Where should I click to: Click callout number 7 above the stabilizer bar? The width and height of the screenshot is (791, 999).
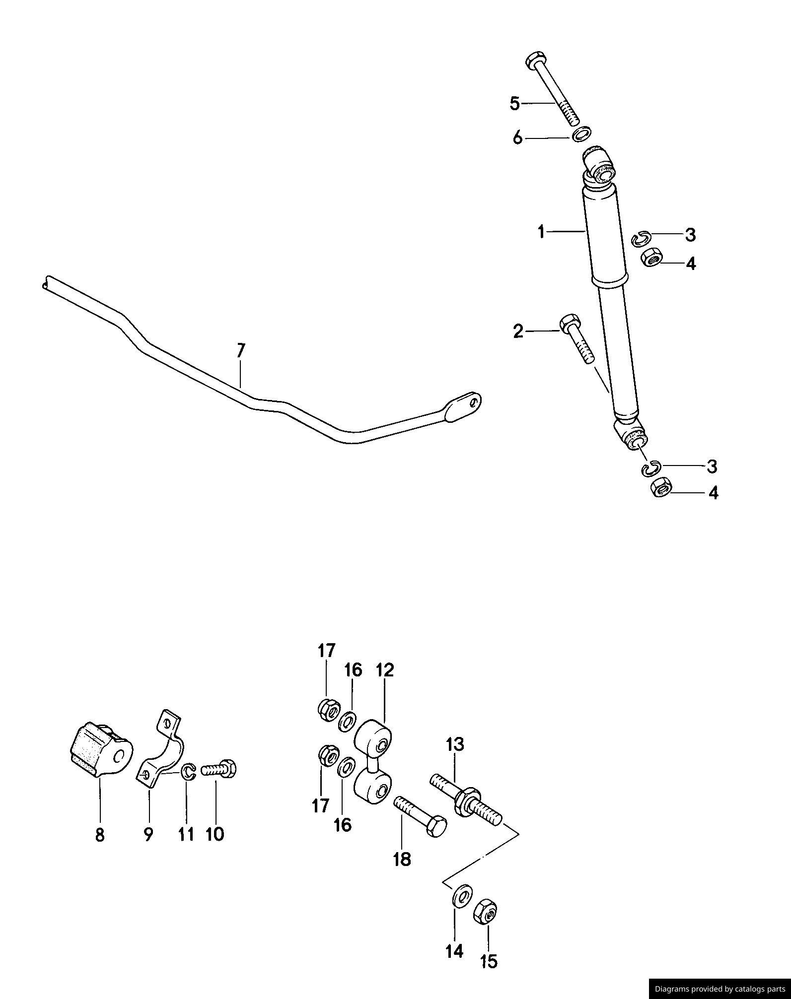pyautogui.click(x=240, y=351)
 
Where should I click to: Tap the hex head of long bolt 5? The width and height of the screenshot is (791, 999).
pyautogui.click(x=535, y=61)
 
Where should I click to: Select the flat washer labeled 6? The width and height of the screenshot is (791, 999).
pyautogui.click(x=581, y=134)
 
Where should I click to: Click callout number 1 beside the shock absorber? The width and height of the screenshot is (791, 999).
pyautogui.click(x=542, y=231)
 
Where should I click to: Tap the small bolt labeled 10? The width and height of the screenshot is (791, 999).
pyautogui.click(x=219, y=770)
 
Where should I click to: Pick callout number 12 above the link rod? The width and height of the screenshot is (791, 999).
pyautogui.click(x=385, y=670)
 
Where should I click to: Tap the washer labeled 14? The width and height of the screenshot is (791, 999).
pyautogui.click(x=462, y=895)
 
